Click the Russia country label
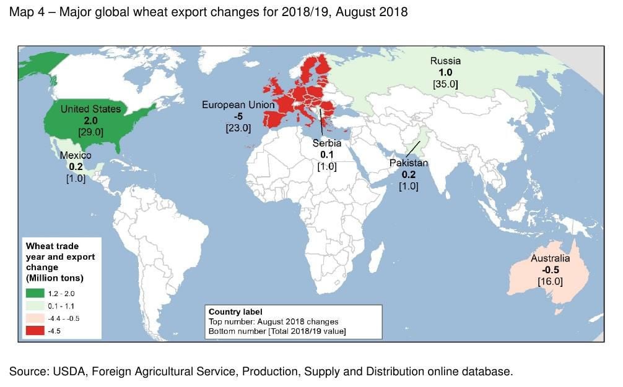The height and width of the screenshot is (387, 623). point(445,61)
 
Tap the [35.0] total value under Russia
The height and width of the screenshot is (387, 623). point(445,83)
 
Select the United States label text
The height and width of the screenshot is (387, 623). point(90,109)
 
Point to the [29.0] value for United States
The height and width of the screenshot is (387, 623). point(90,132)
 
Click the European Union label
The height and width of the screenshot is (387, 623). point(238,105)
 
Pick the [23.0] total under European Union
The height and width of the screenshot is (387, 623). point(238,128)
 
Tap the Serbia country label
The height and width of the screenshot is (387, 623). point(326,143)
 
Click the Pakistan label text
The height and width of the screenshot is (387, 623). point(408,163)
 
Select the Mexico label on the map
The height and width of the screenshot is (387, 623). point(76,156)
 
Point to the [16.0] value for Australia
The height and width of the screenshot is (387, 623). point(551,281)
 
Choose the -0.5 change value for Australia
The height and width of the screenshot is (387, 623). point(551,270)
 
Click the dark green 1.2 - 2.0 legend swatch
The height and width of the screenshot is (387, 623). point(34,293)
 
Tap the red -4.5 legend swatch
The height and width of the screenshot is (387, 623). point(34,330)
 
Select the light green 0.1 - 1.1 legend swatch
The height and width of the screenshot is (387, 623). point(34,305)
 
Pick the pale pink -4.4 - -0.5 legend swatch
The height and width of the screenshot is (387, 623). point(34,318)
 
